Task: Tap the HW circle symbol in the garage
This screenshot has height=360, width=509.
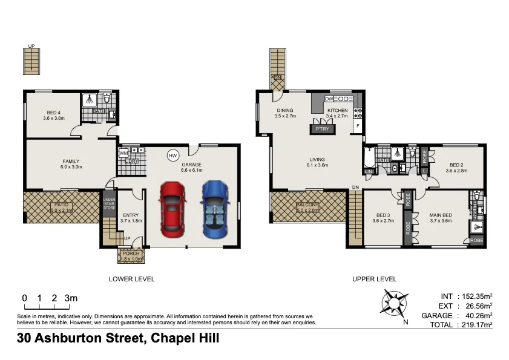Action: (x=172, y=155)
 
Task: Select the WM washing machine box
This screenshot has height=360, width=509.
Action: (x=123, y=154)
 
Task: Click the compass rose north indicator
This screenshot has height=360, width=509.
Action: (x=394, y=303)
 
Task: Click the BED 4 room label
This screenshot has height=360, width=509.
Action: (x=53, y=113)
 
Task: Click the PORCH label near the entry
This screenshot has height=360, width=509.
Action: (x=131, y=254)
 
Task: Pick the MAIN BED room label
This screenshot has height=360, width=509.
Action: (x=441, y=214)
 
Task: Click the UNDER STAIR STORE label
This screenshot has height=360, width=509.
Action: (x=109, y=205)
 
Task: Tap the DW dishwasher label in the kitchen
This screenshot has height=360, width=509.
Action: (x=329, y=99)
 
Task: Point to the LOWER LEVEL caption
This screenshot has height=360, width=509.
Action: (x=131, y=280)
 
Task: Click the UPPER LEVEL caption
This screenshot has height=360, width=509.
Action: (x=374, y=280)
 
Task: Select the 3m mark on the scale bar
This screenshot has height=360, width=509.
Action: (x=71, y=298)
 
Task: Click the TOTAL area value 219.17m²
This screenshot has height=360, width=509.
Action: (x=475, y=325)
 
